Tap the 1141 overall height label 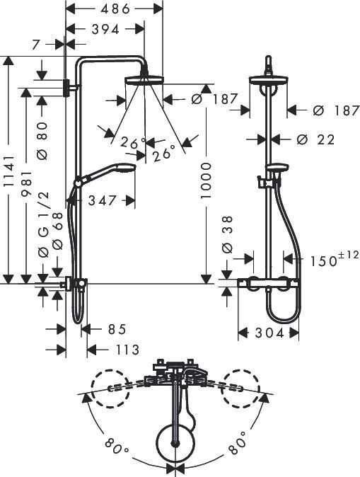8,170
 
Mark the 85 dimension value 117,329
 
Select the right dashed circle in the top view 240,388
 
